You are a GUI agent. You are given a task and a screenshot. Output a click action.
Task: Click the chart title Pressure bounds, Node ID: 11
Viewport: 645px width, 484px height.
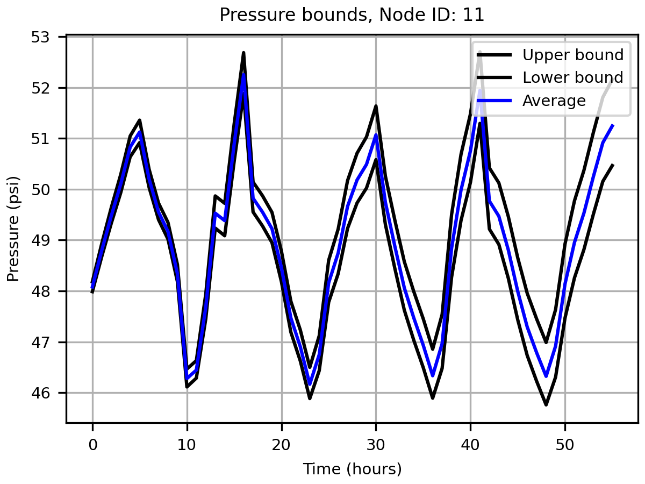[x=352, y=15]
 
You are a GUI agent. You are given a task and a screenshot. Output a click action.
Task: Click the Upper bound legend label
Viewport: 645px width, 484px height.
[x=573, y=55]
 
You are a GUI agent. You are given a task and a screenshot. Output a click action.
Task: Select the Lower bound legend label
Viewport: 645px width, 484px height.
[x=573, y=77]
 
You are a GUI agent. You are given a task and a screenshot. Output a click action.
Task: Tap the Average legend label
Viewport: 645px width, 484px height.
[x=554, y=101]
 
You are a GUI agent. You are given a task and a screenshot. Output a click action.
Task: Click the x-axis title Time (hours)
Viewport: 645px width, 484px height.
[x=352, y=469]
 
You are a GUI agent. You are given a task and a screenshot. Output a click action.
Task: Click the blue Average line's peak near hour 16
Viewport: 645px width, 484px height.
[x=243, y=74]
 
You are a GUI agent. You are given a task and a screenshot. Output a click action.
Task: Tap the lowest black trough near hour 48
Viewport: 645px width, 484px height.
[x=546, y=404]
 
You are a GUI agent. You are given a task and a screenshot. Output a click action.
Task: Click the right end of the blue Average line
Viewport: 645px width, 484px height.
[x=613, y=125]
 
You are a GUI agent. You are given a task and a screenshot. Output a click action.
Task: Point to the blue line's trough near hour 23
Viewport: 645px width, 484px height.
[x=310, y=384]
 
